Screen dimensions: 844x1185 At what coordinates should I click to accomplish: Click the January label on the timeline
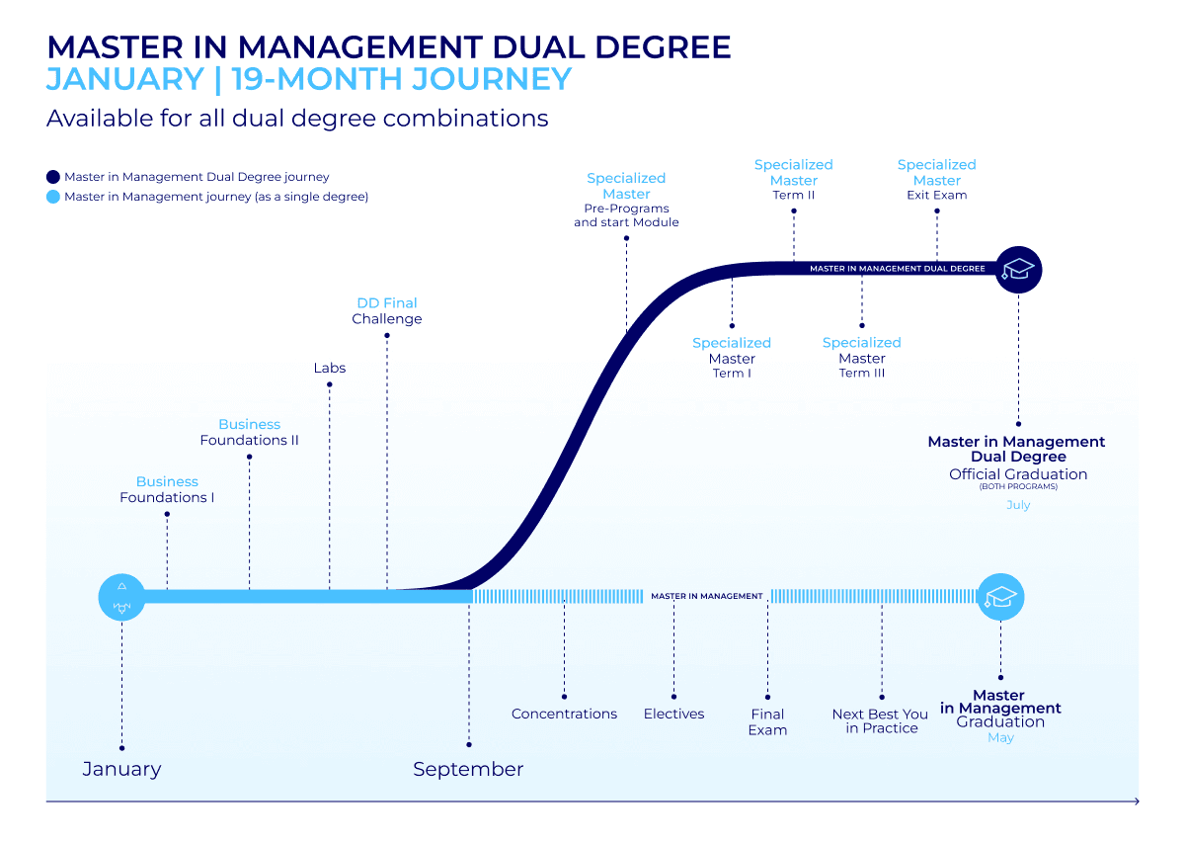point(121,769)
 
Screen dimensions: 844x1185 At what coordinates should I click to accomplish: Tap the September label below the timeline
point(468,769)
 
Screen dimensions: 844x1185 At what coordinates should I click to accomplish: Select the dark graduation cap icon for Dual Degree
point(1018,269)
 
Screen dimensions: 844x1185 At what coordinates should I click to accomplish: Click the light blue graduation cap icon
point(1000,597)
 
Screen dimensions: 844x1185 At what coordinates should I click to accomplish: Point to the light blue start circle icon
point(121,597)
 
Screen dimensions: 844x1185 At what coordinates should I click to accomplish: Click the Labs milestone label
point(330,368)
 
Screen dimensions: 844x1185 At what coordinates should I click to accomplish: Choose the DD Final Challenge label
point(387,311)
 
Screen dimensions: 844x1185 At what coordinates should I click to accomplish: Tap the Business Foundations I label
point(167,489)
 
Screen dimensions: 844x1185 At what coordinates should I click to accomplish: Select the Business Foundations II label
point(249,432)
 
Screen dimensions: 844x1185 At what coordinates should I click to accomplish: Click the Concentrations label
point(564,714)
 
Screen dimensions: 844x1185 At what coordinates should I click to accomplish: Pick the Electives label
point(674,714)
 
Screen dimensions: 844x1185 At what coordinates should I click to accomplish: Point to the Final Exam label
point(767,721)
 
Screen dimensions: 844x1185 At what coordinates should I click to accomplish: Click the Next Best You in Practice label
point(881,720)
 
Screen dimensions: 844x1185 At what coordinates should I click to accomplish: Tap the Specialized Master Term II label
point(794,180)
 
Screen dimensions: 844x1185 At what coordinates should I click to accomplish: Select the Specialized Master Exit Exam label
point(936,180)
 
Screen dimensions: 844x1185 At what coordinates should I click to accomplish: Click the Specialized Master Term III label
point(862,358)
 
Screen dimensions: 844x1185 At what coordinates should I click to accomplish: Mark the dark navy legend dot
point(53,177)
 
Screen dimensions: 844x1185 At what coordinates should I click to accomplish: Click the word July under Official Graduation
point(1018,505)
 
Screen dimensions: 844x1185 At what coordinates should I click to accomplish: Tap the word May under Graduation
point(1000,738)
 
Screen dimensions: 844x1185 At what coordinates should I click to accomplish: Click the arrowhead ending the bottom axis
point(1137,802)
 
